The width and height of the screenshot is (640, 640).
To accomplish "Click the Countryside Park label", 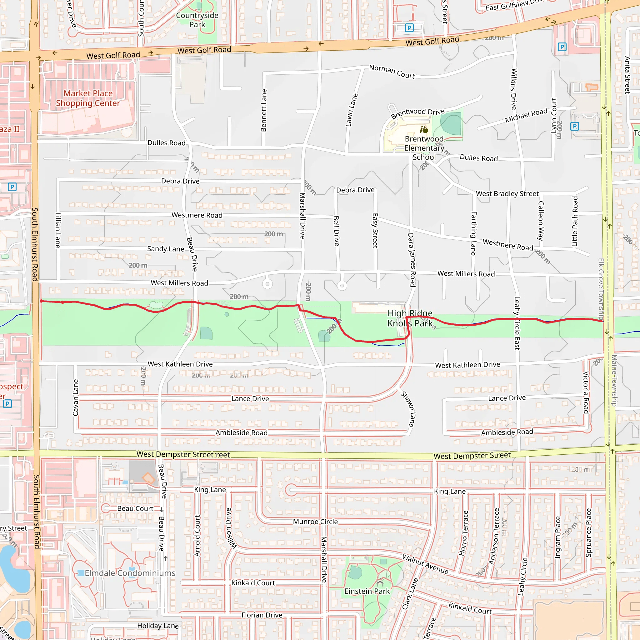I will [197, 20].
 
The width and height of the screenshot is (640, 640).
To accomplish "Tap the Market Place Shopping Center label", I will [88, 98].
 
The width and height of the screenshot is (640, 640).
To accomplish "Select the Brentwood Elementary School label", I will [424, 148].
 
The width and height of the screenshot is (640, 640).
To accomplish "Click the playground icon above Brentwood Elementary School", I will [424, 129].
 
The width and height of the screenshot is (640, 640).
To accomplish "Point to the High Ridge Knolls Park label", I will [410, 318].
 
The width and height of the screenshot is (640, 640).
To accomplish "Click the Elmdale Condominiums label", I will [130, 573].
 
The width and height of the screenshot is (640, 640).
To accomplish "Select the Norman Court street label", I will [392, 72].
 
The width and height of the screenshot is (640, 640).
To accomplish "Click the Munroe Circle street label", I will [315, 522].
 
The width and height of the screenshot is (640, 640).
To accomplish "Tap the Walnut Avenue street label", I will [425, 564].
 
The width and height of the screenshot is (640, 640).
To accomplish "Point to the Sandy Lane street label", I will [166, 249].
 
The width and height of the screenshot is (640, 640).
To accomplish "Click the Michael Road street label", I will [526, 116].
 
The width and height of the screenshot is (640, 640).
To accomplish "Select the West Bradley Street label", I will [507, 193].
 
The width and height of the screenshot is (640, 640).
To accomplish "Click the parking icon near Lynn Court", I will [575, 126].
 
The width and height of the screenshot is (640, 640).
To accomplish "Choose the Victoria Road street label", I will [586, 392].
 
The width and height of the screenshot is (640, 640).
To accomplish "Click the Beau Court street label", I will [135, 508].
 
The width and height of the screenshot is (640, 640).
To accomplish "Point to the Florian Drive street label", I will [262, 615].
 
